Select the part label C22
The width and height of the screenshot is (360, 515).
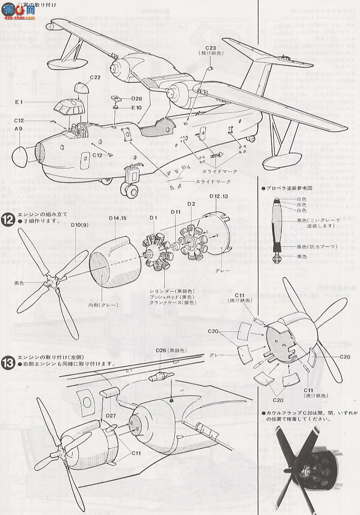point(95,77)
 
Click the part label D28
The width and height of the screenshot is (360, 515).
point(136,98)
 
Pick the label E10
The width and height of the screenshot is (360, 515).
point(136,107)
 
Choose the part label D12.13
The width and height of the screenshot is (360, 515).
point(218,196)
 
